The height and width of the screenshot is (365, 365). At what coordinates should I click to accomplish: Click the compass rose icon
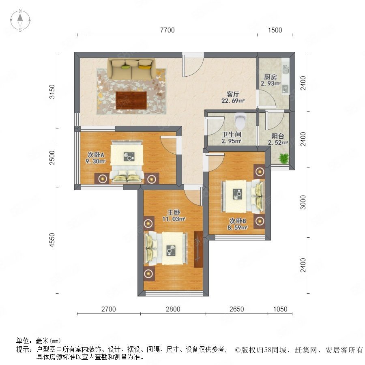click(20, 20)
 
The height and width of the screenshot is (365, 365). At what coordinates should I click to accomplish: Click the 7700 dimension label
click(167, 30)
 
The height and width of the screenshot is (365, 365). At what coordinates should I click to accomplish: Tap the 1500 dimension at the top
click(275, 30)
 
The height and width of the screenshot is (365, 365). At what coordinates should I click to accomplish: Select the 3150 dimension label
click(52, 92)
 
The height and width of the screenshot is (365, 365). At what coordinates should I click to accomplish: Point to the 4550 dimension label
click(52, 240)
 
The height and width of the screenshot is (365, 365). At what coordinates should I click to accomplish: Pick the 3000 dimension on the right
click(303, 202)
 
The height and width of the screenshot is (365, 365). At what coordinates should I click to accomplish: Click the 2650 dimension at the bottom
click(237, 309)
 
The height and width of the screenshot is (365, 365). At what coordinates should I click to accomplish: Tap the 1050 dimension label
click(280, 309)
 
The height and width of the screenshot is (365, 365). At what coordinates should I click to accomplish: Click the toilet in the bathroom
click(240, 120)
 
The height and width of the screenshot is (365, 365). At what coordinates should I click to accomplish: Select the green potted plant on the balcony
click(284, 158)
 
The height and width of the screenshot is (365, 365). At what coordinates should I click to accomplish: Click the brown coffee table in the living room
click(131, 100)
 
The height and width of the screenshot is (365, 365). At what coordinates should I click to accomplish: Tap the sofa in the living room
click(131, 69)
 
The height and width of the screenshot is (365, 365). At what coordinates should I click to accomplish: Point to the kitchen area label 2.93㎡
click(271, 84)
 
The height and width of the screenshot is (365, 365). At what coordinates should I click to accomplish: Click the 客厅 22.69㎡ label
click(233, 97)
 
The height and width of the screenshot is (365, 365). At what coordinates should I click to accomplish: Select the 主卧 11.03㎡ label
click(174, 216)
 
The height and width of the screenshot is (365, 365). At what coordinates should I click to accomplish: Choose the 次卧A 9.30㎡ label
click(96, 158)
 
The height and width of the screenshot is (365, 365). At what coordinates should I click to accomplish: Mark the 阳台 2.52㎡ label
click(278, 139)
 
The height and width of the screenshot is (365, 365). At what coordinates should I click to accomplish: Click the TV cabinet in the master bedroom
click(198, 249)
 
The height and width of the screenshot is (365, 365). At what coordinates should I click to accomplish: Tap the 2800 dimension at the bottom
click(173, 309)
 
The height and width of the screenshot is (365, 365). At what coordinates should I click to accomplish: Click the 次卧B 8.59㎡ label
click(237, 224)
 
